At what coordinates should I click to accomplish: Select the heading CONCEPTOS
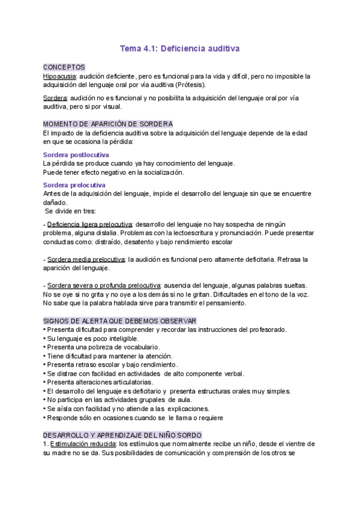point(64,67)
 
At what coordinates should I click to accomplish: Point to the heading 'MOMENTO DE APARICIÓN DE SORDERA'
point(100,123)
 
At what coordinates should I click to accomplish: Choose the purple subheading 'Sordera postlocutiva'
point(76,155)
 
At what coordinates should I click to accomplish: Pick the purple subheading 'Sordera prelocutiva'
point(74,185)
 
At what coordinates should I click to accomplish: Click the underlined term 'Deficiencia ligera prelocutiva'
point(89,224)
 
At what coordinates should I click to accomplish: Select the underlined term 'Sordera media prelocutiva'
point(83,259)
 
